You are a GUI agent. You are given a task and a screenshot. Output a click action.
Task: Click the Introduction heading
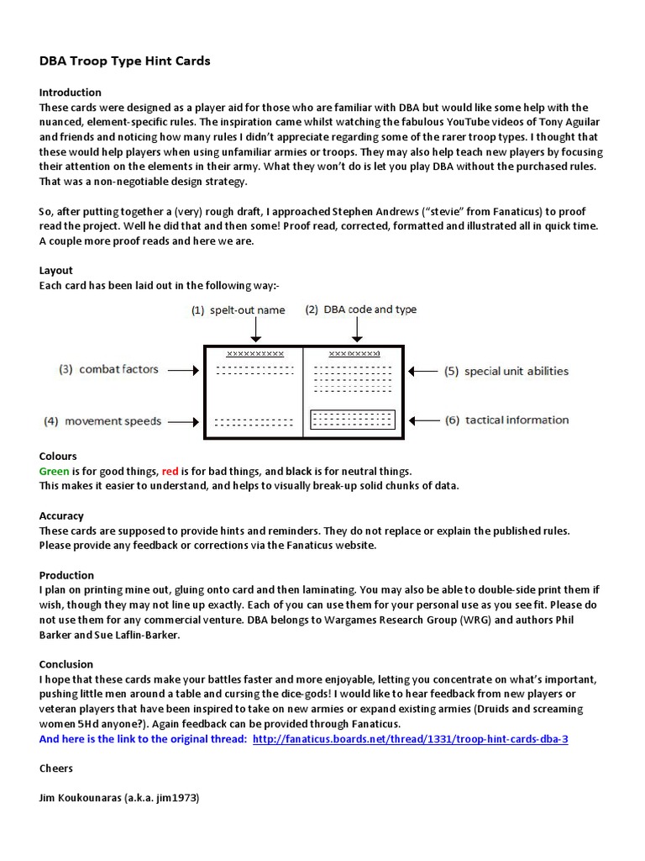pos(71,92)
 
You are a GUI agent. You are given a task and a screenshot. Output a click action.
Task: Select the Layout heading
pos(56,271)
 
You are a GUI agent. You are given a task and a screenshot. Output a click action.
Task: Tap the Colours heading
pos(58,457)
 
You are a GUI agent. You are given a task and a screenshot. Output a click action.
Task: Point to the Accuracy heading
pos(61,516)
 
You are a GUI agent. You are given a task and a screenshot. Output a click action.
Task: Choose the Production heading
pos(66,576)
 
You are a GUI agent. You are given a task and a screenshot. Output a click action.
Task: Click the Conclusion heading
pos(66,664)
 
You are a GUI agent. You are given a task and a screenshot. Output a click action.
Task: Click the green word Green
pos(55,472)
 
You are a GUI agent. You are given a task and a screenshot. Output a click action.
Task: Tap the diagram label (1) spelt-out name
pos(238,310)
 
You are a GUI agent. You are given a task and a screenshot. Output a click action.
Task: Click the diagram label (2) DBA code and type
pos(360,309)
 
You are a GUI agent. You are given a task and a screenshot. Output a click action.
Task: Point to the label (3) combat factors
pos(110,370)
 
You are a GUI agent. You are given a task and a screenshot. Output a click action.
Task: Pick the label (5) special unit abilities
pos(506,371)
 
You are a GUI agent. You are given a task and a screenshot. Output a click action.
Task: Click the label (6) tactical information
pos(506,420)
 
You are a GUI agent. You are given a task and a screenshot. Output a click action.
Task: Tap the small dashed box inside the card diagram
pos(353,419)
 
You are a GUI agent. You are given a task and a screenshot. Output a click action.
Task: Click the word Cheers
pos(56,769)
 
